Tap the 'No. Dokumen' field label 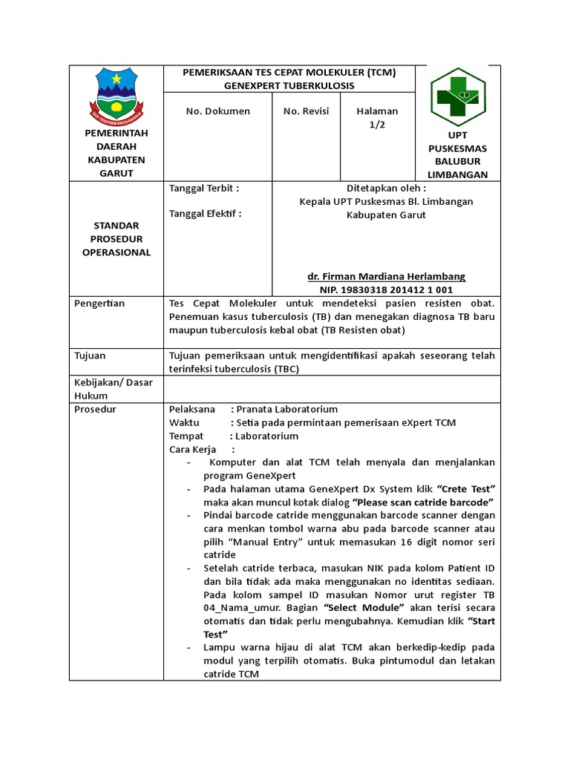pos(217,111)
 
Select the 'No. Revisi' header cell pos(306,111)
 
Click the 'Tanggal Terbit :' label pos(204,189)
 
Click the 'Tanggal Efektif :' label pos(206,214)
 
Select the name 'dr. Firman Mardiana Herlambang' pos(386,276)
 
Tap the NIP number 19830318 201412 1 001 pos(386,289)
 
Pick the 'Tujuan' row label pos(91,356)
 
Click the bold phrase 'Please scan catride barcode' pos(425,502)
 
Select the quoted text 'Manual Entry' pos(266,542)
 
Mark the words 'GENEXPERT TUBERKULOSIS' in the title pos(289,86)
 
